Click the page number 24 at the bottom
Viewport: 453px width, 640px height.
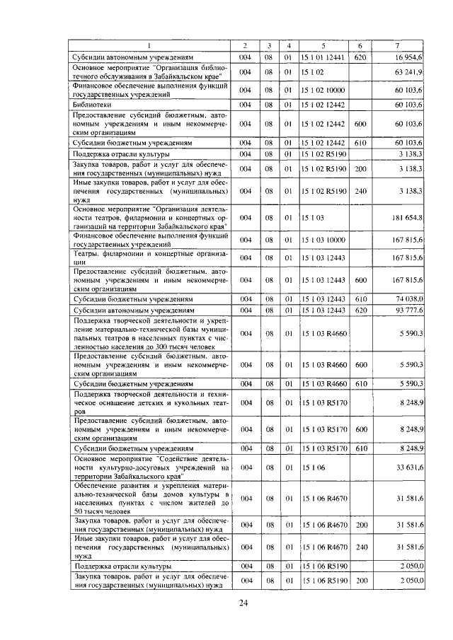click(243, 603)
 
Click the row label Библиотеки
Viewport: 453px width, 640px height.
click(95, 104)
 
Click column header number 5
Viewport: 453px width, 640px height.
click(323, 45)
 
